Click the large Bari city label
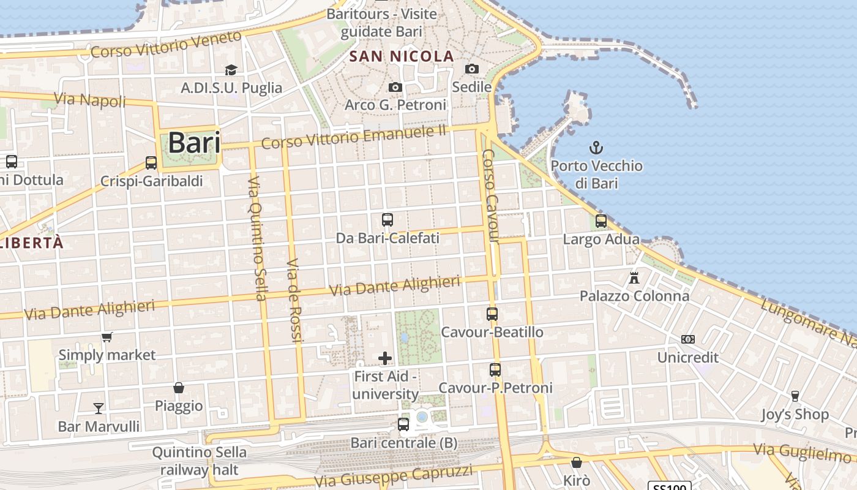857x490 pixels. tap(193, 143)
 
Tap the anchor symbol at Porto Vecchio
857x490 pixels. tap(596, 148)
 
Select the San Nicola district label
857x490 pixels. tap(402, 57)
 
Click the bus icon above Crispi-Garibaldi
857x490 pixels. tap(151, 163)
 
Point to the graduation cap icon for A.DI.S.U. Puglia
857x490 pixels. tap(231, 70)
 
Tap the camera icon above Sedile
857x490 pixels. tap(471, 69)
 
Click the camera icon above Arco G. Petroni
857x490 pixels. tap(395, 88)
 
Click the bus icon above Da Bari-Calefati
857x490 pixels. tap(387, 220)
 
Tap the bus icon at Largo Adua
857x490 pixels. tap(601, 221)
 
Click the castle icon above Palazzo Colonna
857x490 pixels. tap(634, 278)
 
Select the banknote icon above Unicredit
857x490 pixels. tap(688, 339)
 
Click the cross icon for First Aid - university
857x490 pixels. tap(385, 358)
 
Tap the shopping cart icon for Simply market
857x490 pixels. tap(107, 337)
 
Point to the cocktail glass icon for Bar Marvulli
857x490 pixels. tap(99, 409)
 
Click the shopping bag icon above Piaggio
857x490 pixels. tap(179, 388)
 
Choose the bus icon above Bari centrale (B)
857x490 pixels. tap(403, 424)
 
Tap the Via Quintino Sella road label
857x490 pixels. tap(256, 239)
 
